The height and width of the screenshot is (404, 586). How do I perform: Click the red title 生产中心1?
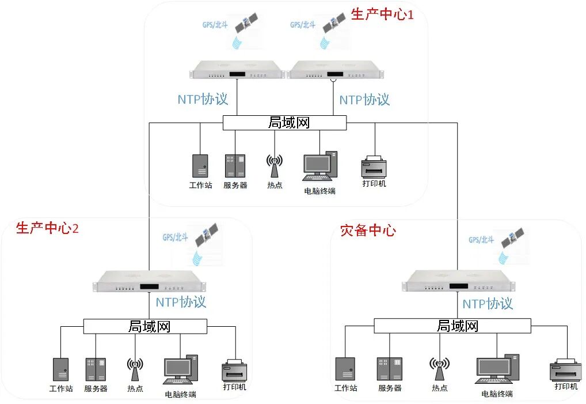pos(382,14)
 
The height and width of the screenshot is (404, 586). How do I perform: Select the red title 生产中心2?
pos(47,228)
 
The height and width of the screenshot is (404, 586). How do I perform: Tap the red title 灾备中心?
pos(368,231)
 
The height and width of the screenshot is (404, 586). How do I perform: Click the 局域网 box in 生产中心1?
pos(284,123)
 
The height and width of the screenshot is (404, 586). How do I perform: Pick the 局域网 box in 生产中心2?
pos(145,326)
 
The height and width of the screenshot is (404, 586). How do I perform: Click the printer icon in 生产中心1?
pos(375,167)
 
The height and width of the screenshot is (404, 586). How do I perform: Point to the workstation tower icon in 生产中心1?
pos(200,166)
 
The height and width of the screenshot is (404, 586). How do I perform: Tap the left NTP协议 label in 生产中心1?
pos(203,99)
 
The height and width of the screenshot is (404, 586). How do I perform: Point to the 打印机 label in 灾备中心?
pos(566,386)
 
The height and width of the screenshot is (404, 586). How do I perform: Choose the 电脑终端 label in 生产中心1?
pos(319,191)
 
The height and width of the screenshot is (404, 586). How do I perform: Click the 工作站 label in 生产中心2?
pos(61,388)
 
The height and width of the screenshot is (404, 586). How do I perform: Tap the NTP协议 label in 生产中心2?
pos(181,301)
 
